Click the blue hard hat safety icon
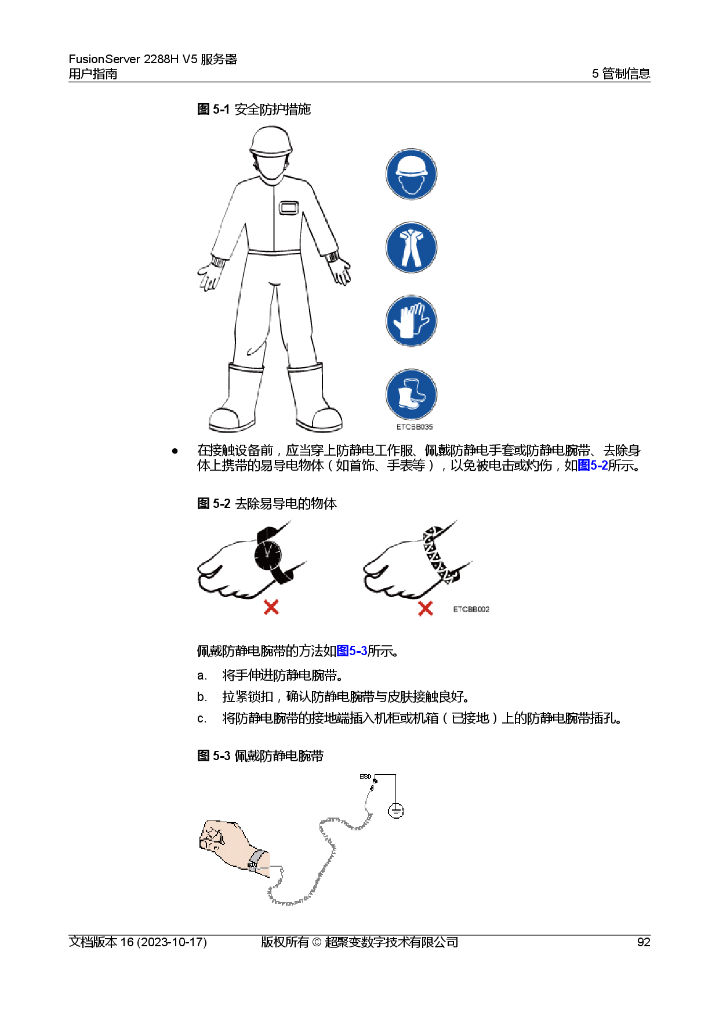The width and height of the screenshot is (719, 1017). coord(411,174)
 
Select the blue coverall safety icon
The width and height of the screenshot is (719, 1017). coord(411,248)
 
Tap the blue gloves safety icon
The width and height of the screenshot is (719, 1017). coord(411,321)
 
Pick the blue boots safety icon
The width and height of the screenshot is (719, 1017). coord(411,394)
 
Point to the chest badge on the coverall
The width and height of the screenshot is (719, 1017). coord(289,208)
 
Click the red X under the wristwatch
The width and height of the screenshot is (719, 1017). coord(271,607)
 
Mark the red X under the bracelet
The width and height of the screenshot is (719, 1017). coord(426,608)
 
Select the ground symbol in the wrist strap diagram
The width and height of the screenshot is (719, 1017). coord(396,810)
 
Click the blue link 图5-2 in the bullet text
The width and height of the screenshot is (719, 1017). coord(593,465)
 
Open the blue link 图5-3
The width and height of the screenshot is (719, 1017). coord(352,651)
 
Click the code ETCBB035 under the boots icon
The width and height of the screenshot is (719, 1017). coord(415,427)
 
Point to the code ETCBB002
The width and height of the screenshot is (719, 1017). coord(471,609)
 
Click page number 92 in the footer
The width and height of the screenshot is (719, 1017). coord(644,942)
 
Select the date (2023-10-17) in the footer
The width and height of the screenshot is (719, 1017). coord(172,942)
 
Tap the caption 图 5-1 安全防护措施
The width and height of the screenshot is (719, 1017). coord(254,109)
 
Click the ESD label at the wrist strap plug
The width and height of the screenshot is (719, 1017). coord(365,776)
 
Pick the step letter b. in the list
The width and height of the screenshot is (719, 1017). coord(202,696)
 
